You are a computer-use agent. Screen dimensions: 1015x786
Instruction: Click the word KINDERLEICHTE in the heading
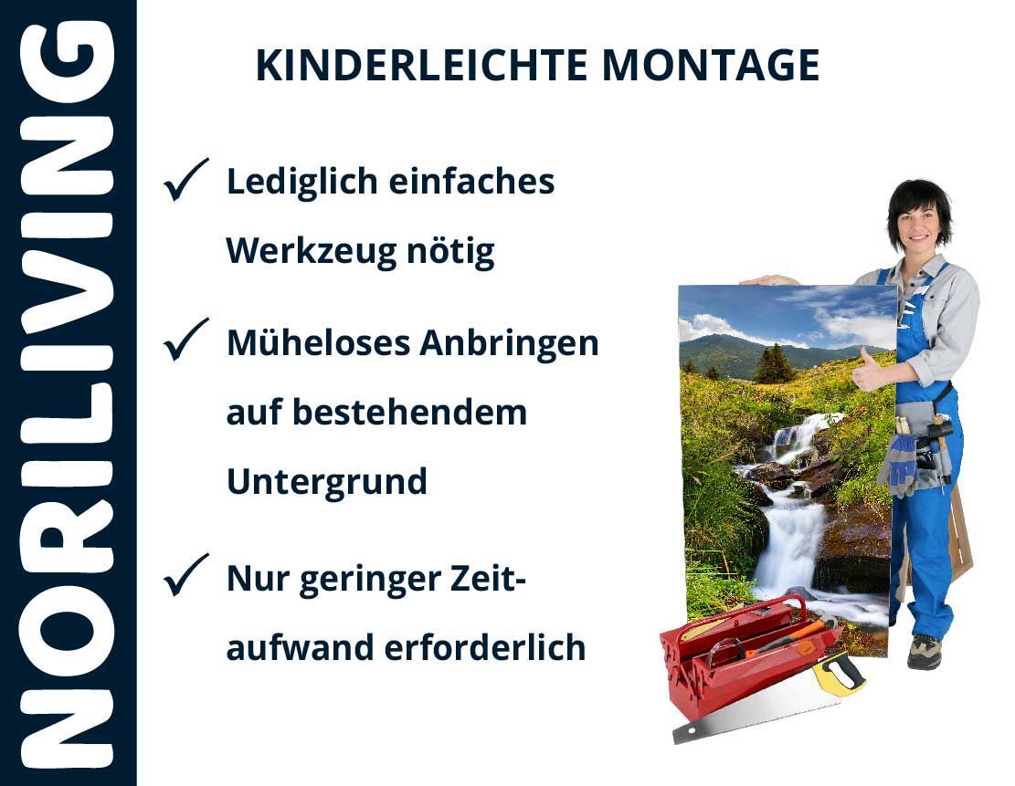[x=422, y=65]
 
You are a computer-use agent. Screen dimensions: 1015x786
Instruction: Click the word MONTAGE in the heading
[x=711, y=65]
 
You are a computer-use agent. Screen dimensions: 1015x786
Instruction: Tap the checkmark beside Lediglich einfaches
[x=186, y=179]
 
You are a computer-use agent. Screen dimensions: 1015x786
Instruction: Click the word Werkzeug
[x=310, y=251]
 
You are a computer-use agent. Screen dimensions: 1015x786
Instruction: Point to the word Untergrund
[x=327, y=482]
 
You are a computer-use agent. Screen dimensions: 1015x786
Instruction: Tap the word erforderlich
[x=485, y=647]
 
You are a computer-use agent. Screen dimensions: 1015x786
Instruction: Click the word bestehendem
[x=410, y=412]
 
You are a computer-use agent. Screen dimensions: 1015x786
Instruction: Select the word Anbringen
[x=509, y=343]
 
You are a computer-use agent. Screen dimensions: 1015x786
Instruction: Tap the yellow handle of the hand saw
[x=839, y=674]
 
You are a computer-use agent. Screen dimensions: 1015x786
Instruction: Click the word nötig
[x=450, y=251]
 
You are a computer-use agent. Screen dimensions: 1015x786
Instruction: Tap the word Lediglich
[x=301, y=182]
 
